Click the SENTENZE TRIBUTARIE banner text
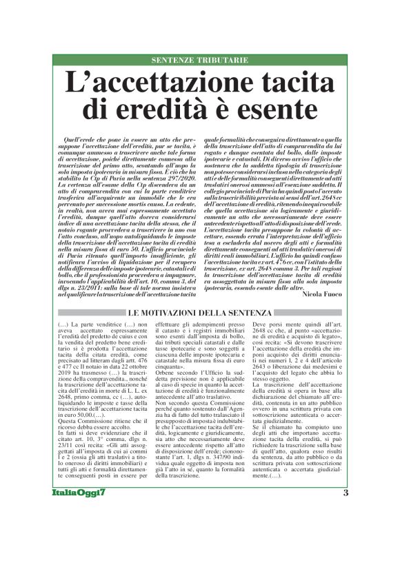point(199,61)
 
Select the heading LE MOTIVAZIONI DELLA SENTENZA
point(199,294)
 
